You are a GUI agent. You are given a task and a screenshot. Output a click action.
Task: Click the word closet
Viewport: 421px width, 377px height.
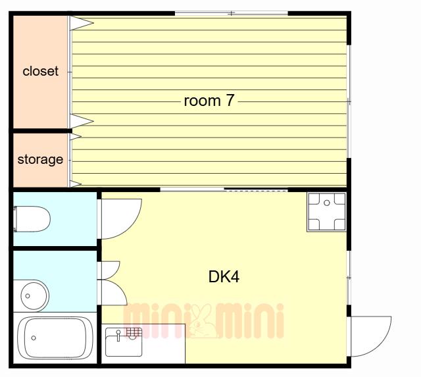pyautogui.click(x=41, y=71)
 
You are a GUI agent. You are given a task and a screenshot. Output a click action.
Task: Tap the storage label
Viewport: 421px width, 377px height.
pyautogui.click(x=40, y=159)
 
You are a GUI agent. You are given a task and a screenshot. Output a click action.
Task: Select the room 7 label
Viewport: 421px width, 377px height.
pyautogui.click(x=209, y=101)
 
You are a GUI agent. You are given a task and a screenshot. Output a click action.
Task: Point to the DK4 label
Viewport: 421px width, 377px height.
pyautogui.click(x=224, y=276)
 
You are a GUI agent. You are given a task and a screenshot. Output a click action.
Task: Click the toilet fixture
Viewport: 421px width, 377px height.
pyautogui.click(x=32, y=219)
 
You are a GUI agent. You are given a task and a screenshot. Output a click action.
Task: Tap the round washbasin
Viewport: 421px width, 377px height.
pyautogui.click(x=34, y=295)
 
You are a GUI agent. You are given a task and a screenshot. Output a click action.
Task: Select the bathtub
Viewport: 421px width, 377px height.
pyautogui.click(x=55, y=338)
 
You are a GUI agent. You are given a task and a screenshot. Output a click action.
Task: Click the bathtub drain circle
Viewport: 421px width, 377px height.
pyautogui.click(x=34, y=338)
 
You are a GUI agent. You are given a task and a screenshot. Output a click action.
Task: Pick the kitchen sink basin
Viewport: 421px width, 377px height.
pyautogui.click(x=124, y=342)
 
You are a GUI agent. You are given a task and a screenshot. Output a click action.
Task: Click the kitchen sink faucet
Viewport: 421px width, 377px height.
pyautogui.click(x=118, y=336)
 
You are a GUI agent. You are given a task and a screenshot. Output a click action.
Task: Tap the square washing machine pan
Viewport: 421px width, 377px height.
pyautogui.click(x=326, y=212)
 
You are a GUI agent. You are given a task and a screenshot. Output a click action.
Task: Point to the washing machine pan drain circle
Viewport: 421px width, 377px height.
pyautogui.click(x=327, y=203)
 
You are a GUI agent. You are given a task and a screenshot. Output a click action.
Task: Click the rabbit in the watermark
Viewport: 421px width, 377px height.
pyautogui.click(x=202, y=320)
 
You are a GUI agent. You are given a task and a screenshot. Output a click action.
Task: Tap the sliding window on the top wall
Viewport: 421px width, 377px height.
pyautogui.click(x=231, y=13)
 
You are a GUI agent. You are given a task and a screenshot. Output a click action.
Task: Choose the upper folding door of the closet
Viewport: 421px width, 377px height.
pyautogui.click(x=82, y=23)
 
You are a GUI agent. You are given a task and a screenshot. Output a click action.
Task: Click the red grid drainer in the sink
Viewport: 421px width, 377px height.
pyautogui.click(x=134, y=332)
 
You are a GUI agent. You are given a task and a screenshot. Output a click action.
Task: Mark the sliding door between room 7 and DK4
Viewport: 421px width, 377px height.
pyautogui.click(x=224, y=189)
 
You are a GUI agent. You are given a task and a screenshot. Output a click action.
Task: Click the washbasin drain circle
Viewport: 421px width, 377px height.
pyautogui.click(x=28, y=296)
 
